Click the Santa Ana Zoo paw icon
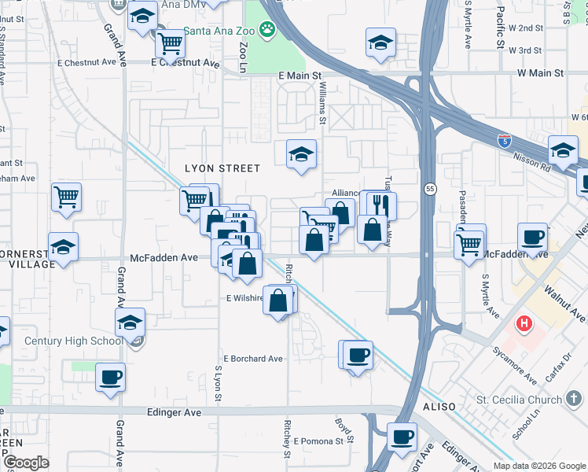point(268,31)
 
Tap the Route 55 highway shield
point(430,189)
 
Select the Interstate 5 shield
point(504,142)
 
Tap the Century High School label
point(73,341)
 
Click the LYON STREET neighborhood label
point(222,168)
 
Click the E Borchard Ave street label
point(252,359)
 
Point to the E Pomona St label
point(318,441)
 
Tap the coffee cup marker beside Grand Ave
point(110,377)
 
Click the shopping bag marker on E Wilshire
point(278,301)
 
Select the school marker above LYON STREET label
point(300,154)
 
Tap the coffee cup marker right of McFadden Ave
point(532,237)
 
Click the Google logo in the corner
point(26,463)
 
